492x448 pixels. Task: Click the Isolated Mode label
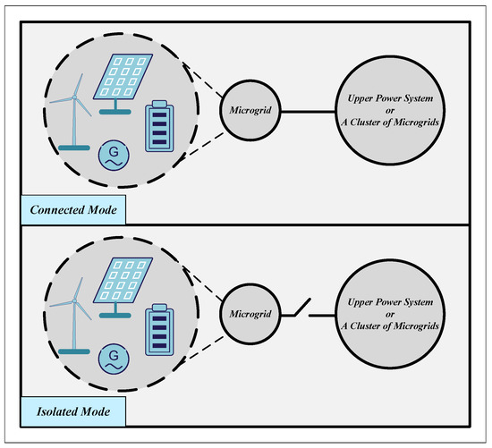[x=72, y=413]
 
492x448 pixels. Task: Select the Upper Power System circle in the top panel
[x=387, y=113]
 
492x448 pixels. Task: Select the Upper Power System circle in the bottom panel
[x=387, y=314]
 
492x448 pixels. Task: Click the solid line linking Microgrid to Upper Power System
[x=308, y=113]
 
